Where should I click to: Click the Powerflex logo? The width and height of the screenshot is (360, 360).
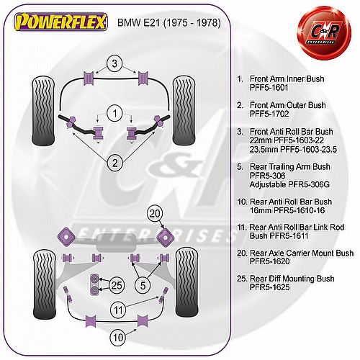[61, 22]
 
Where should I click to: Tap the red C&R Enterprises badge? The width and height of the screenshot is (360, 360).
[324, 33]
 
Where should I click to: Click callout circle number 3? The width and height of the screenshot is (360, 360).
[114, 63]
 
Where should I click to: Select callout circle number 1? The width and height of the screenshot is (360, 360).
[114, 113]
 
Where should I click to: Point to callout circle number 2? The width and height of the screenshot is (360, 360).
[115, 163]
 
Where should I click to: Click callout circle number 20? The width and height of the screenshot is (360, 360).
[155, 213]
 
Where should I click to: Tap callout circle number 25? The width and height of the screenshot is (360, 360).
[117, 285]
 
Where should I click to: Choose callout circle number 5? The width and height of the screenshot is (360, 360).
[143, 285]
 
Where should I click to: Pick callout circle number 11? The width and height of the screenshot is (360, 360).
[118, 310]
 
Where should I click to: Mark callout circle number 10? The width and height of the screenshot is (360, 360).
[118, 338]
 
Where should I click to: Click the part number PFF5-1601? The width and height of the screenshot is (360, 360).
[269, 88]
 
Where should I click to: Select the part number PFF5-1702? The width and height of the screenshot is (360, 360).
[269, 114]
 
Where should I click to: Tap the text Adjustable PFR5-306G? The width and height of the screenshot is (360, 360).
[289, 184]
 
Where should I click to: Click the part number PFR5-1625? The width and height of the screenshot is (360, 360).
[269, 287]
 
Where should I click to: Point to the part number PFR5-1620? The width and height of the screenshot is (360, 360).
[269, 261]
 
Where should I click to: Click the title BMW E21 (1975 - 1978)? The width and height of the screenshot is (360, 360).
[169, 22]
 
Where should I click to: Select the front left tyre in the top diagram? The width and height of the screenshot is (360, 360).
[43, 111]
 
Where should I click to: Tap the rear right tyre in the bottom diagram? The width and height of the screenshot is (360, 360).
[187, 282]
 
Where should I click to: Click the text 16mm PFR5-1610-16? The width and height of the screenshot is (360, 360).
[287, 210]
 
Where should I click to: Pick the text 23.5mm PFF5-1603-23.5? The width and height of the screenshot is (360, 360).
[293, 149]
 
